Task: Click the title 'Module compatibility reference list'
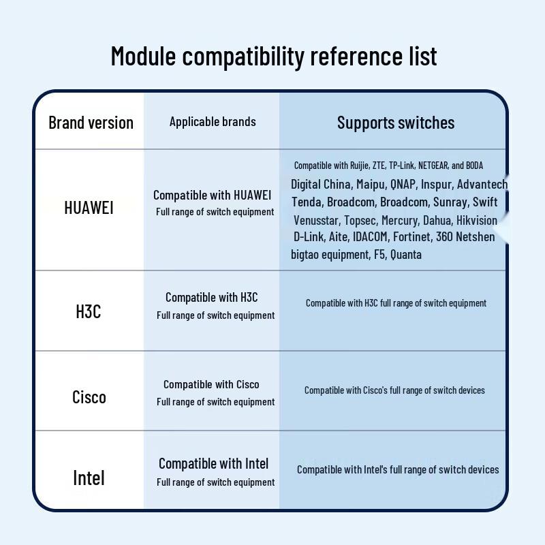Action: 274,57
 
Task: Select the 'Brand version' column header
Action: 91,123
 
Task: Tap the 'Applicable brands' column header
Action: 213,122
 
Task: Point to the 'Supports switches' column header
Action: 396,123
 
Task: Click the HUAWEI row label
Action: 89,208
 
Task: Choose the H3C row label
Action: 89,311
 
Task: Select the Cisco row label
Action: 89,397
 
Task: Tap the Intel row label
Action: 89,478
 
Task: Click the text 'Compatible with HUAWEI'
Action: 212,196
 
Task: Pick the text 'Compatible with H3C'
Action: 212,298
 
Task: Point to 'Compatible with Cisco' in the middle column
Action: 211,384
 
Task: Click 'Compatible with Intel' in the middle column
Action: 213,464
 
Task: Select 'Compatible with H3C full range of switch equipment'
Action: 396,303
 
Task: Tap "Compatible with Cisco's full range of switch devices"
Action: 394,390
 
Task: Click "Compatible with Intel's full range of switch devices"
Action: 398,469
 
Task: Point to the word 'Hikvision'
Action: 476,220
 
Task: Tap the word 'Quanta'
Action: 406,255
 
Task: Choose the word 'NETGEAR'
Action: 433,166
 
